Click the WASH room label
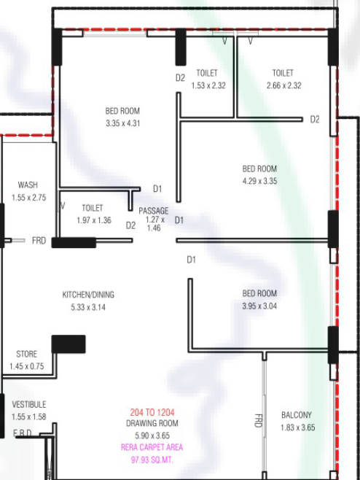point(28,185)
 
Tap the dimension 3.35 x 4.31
point(123,123)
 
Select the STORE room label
point(27,355)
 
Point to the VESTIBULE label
point(29,404)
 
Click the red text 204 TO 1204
point(152,412)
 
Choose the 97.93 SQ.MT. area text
point(152,460)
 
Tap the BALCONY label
point(297,415)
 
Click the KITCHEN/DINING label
point(88,295)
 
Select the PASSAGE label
point(154,211)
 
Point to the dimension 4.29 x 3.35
point(259,181)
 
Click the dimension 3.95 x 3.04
point(259,306)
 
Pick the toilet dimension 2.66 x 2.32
point(283,85)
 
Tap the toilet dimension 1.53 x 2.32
point(208,85)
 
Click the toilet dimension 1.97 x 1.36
point(94,220)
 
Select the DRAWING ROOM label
point(152,423)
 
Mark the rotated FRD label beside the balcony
point(259,421)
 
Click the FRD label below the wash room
point(39,241)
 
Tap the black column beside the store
point(69,344)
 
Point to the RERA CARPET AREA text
point(152,448)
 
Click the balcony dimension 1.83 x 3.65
point(297,427)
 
